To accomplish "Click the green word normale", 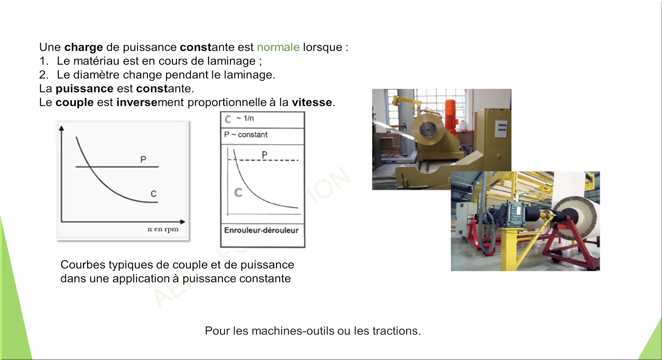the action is point(278,47).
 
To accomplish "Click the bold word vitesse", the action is point(312,102).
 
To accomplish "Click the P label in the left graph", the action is point(143,160).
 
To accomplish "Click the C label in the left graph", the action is point(153,194).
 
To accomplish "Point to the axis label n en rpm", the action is point(163,229).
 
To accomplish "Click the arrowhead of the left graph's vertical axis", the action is point(62,128).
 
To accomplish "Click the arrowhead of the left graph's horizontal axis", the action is point(182,222).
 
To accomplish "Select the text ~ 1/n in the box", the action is point(245,118).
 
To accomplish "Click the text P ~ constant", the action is point(246,135).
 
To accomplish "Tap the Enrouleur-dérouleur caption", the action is point(261,230).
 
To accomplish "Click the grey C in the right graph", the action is point(238,193).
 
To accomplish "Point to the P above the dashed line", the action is point(264,155).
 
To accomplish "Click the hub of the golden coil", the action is point(428,130).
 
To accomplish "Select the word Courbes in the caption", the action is point(83,265).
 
